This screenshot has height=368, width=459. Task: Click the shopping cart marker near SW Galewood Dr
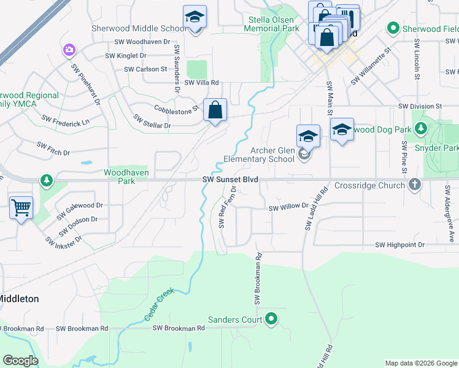click(x=21, y=209)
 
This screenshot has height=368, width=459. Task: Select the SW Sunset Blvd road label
click(x=230, y=180)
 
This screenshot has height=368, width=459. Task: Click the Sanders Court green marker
click(x=271, y=319)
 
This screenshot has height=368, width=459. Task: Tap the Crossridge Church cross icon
click(x=415, y=185)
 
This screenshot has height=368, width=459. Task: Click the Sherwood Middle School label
click(x=139, y=28)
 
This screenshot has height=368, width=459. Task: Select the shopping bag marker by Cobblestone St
click(x=215, y=110)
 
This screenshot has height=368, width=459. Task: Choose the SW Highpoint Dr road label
click(x=399, y=245)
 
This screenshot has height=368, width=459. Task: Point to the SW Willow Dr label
click(x=288, y=207)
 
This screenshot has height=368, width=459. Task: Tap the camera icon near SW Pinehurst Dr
click(x=69, y=49)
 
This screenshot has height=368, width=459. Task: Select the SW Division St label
click(x=420, y=106)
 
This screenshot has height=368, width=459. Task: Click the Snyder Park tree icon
click(x=421, y=129)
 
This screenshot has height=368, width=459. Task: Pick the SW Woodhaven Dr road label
click(x=142, y=42)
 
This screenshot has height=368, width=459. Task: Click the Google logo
click(x=21, y=361)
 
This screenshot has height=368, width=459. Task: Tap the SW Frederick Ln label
click(x=65, y=120)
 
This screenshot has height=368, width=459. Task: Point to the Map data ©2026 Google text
click(x=420, y=363)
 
